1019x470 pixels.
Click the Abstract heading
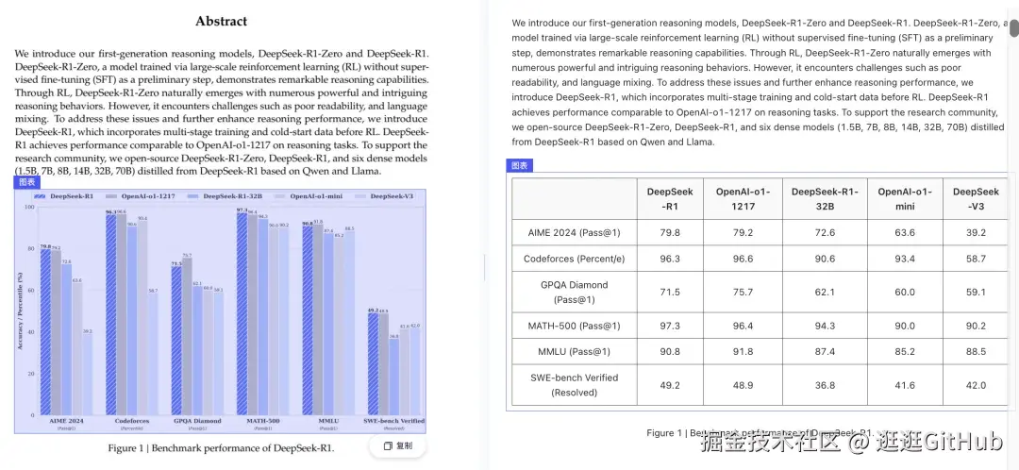[x=222, y=21]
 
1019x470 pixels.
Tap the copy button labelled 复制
[x=398, y=445]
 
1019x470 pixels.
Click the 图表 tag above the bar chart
[x=26, y=182]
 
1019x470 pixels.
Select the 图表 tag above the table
[x=520, y=165]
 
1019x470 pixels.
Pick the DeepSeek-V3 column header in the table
[x=976, y=198]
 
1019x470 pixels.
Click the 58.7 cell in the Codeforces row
[x=976, y=259]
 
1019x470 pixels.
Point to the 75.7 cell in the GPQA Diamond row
[x=743, y=292]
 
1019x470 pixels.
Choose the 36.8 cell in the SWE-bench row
[x=825, y=385]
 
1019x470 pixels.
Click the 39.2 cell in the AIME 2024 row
[x=976, y=232]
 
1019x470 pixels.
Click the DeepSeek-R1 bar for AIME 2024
[x=44, y=330]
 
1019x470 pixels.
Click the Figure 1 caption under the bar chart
[x=221, y=447]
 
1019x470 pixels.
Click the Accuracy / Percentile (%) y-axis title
[x=19, y=311]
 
